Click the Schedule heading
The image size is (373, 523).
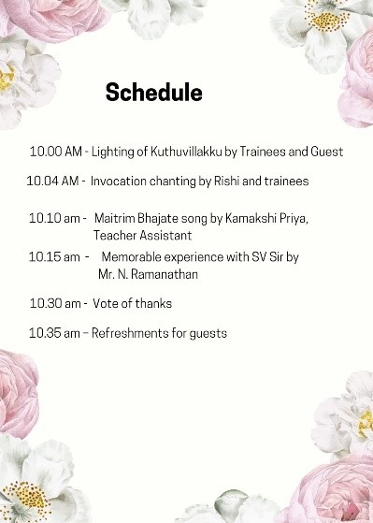154,92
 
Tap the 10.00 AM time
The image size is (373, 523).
56,152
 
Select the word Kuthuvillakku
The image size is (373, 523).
186,152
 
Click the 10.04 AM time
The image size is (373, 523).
52,182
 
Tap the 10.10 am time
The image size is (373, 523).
54,219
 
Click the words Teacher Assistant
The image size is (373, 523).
143,236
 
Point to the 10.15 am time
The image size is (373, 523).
54,257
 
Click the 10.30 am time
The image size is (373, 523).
55,303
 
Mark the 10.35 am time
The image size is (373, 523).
54,333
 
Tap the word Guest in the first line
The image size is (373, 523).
326,152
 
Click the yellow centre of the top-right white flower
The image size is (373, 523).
325,20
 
